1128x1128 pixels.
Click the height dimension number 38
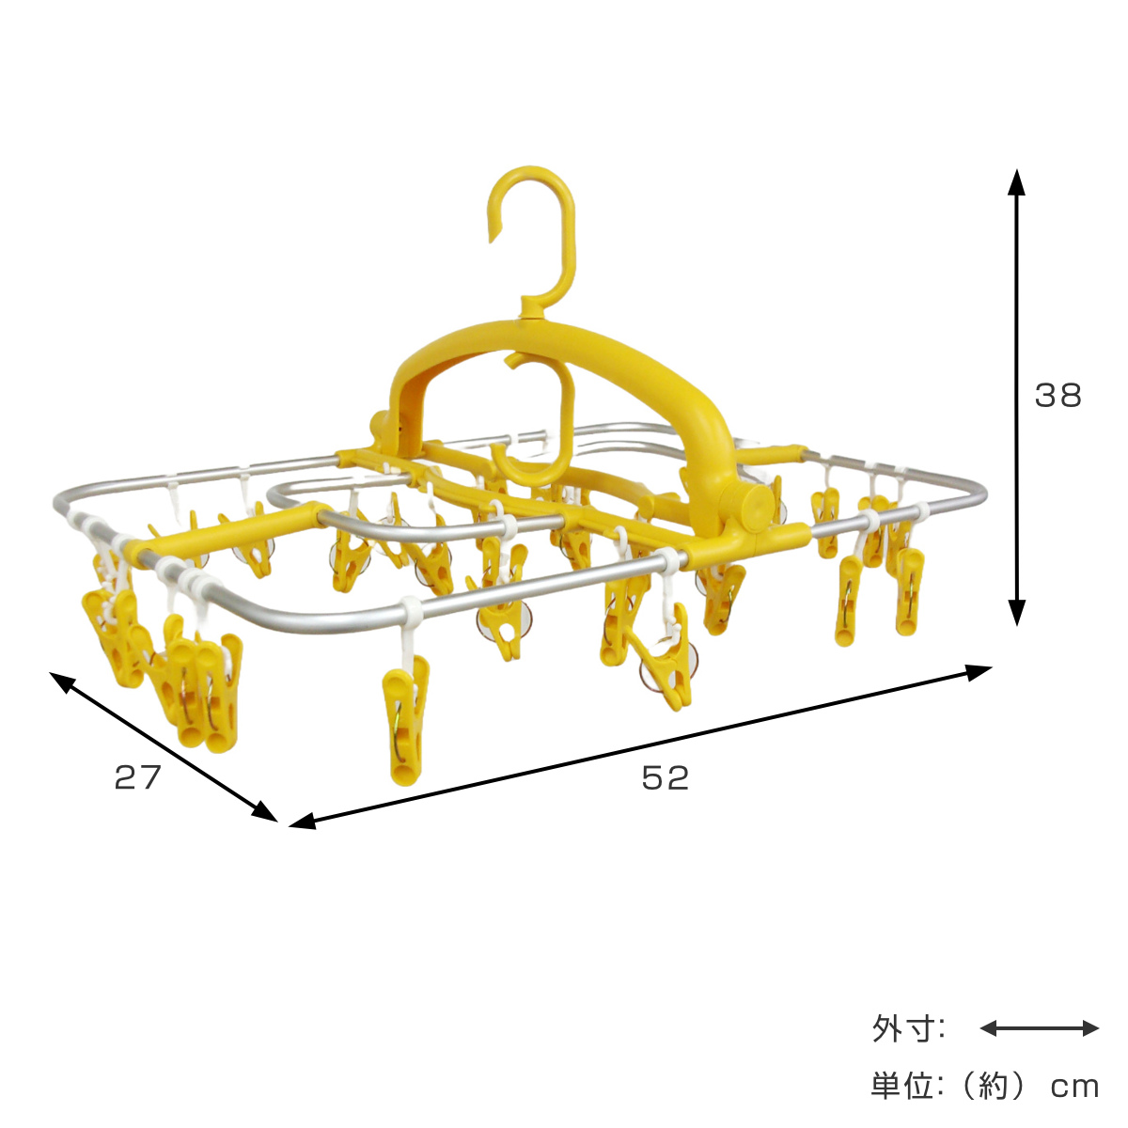click(x=1057, y=395)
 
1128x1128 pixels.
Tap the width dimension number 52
click(x=665, y=777)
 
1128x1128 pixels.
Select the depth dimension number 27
click(x=137, y=777)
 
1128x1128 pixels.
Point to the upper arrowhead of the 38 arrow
click(x=1016, y=181)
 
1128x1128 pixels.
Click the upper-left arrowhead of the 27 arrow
click(x=60, y=681)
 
